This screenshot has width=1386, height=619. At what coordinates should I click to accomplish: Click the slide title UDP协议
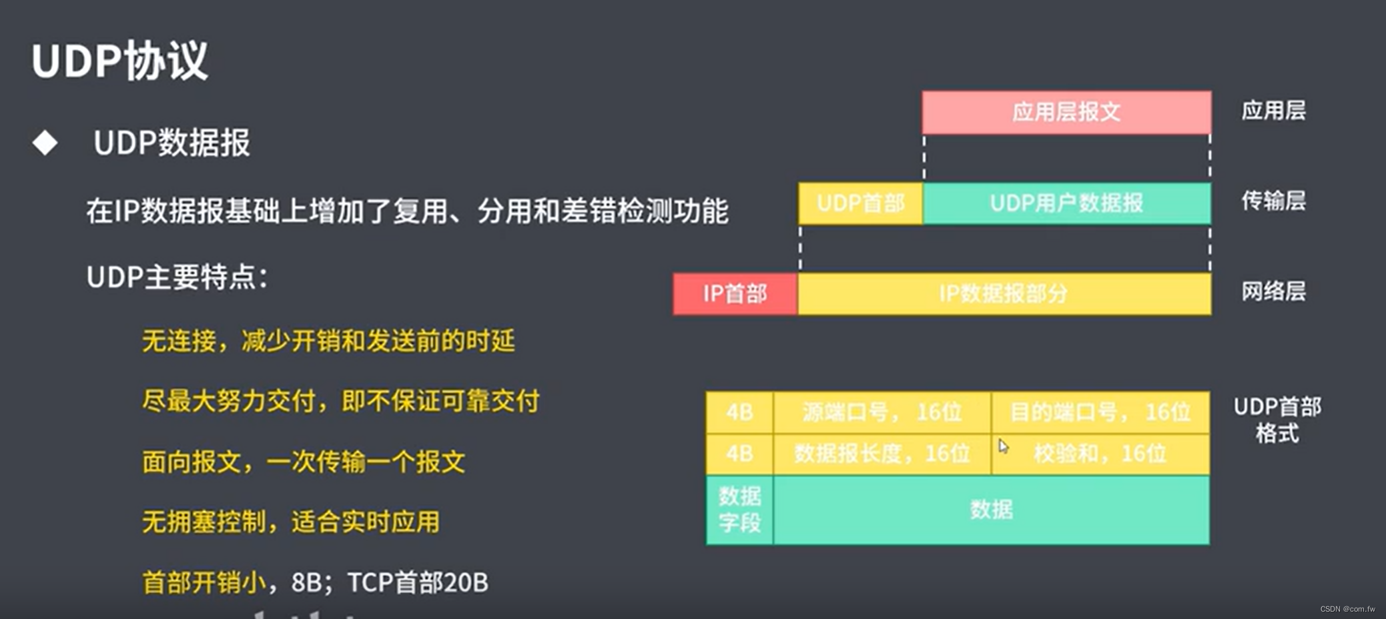tap(119, 61)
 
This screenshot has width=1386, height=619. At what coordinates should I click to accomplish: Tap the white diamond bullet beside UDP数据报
tap(45, 142)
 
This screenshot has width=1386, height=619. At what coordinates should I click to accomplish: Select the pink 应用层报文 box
tap(1066, 112)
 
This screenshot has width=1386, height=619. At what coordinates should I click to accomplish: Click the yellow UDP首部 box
tap(860, 203)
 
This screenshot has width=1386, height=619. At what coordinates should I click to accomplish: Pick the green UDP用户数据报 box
tap(1066, 203)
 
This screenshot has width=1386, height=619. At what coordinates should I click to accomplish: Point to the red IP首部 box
tap(735, 293)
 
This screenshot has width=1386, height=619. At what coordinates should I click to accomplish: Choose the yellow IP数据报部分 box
tap(1004, 293)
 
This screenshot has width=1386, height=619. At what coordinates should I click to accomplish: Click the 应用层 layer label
tap(1273, 111)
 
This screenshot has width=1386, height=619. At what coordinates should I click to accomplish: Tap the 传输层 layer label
tap(1273, 201)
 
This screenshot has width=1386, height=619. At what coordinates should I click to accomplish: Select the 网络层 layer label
tap(1273, 291)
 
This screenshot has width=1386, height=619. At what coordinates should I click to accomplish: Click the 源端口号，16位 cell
tap(882, 413)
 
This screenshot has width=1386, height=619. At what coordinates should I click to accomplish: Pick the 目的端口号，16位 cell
tap(1100, 413)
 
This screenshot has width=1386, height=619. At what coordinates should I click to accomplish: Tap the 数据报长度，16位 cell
tap(882, 454)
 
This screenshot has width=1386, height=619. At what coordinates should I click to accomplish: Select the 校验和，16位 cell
tap(1100, 454)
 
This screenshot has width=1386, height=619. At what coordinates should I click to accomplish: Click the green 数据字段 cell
tap(739, 510)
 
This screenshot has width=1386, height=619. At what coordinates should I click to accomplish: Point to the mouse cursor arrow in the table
tap(1003, 446)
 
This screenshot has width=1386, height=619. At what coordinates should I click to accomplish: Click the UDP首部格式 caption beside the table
tap(1277, 420)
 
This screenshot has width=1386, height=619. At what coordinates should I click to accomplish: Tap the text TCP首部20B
tap(418, 582)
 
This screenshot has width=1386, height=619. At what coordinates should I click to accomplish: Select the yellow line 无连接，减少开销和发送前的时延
tap(328, 342)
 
